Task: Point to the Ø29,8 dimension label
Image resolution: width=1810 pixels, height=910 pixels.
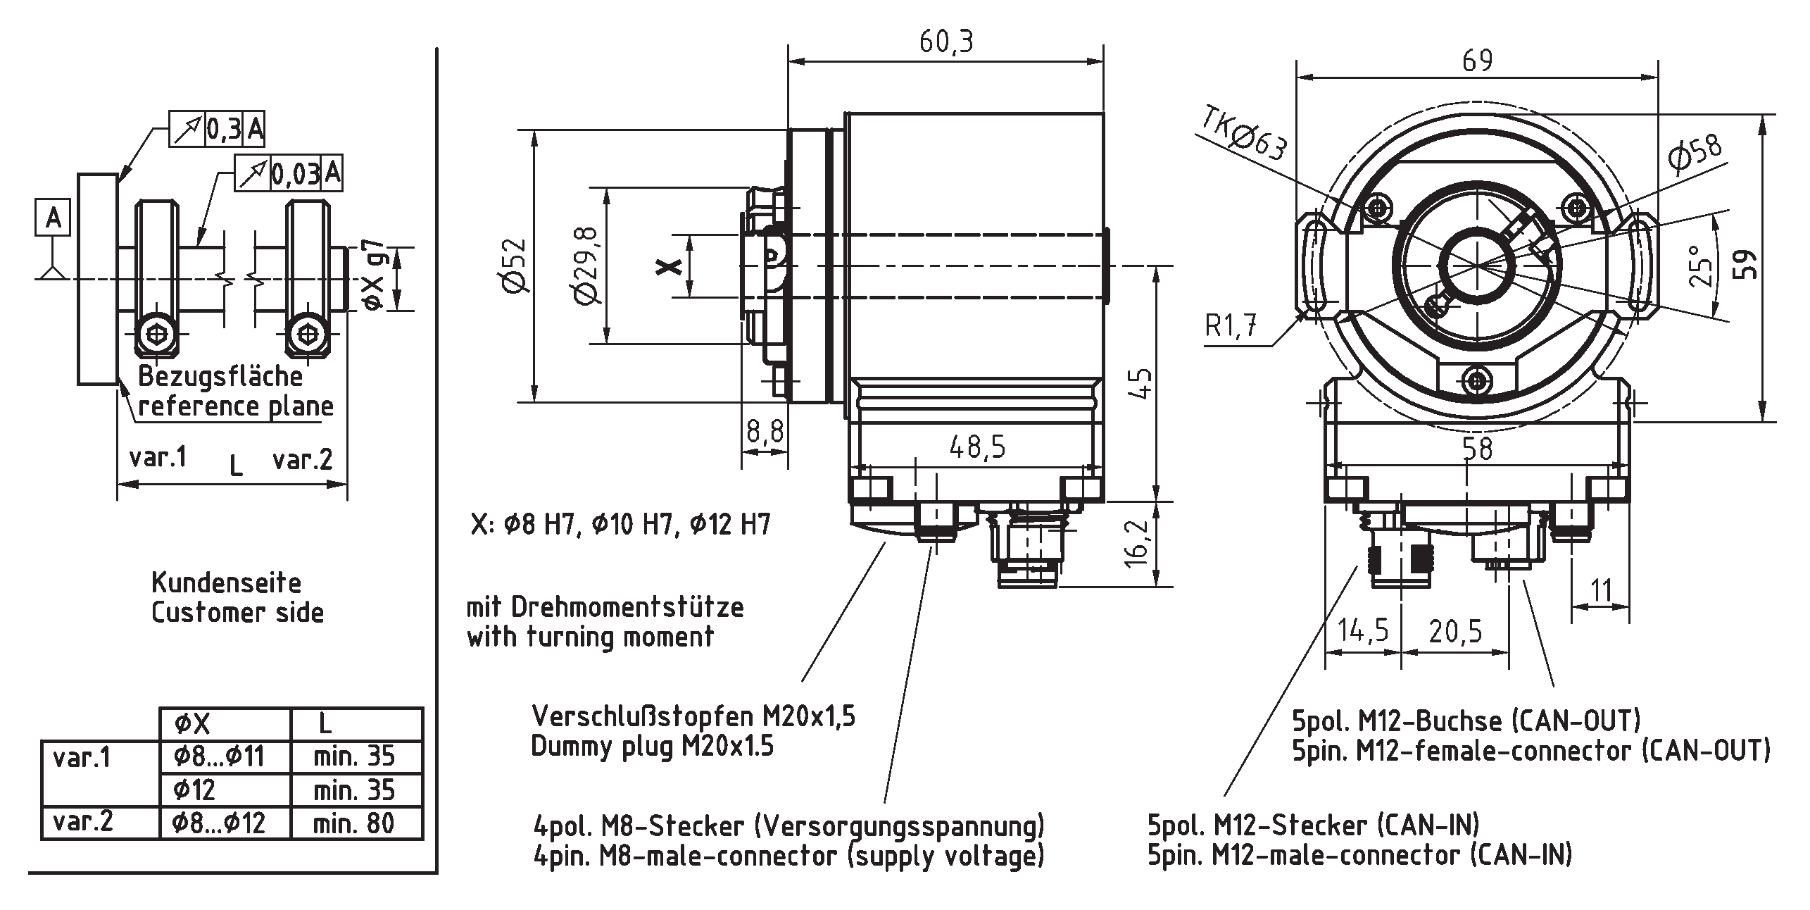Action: (x=587, y=266)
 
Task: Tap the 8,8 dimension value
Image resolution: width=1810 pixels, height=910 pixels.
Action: (x=765, y=431)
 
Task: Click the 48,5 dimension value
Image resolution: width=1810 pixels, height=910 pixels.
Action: (x=977, y=447)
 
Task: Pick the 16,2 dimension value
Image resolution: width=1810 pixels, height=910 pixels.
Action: (x=1135, y=544)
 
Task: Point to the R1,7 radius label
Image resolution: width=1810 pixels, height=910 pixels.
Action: (x=1231, y=326)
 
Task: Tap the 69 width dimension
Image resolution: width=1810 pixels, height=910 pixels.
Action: (x=1477, y=61)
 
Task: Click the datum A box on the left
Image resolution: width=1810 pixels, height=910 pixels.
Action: (x=54, y=218)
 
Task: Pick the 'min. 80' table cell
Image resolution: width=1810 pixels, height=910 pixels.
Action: (x=354, y=823)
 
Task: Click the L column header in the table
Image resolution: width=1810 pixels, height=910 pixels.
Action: (x=325, y=723)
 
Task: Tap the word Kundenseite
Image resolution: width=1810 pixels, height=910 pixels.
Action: (x=226, y=583)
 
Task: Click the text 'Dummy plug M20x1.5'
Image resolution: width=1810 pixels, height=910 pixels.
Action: (x=652, y=746)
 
